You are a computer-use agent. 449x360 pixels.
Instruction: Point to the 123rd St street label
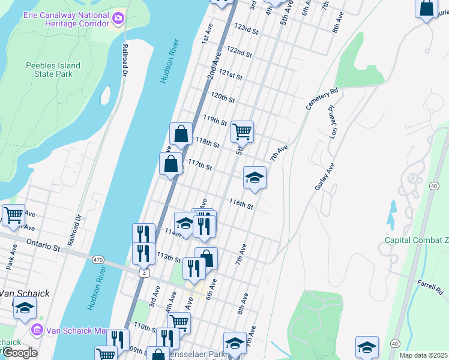(246, 29)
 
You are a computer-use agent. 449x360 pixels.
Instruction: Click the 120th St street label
(222, 97)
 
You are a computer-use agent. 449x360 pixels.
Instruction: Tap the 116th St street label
(241, 205)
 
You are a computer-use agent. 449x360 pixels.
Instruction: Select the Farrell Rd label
(430, 286)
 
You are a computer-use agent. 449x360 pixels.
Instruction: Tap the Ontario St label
(44, 246)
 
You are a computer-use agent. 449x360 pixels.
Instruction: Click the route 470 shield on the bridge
(98, 260)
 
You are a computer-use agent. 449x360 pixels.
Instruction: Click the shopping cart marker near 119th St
(242, 131)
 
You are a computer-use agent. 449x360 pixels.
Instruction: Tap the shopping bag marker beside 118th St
(181, 134)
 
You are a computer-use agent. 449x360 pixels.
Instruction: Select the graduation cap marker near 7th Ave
(255, 178)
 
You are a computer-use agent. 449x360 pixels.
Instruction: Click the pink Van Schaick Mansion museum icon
(37, 330)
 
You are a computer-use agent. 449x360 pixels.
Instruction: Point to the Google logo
(19, 352)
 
